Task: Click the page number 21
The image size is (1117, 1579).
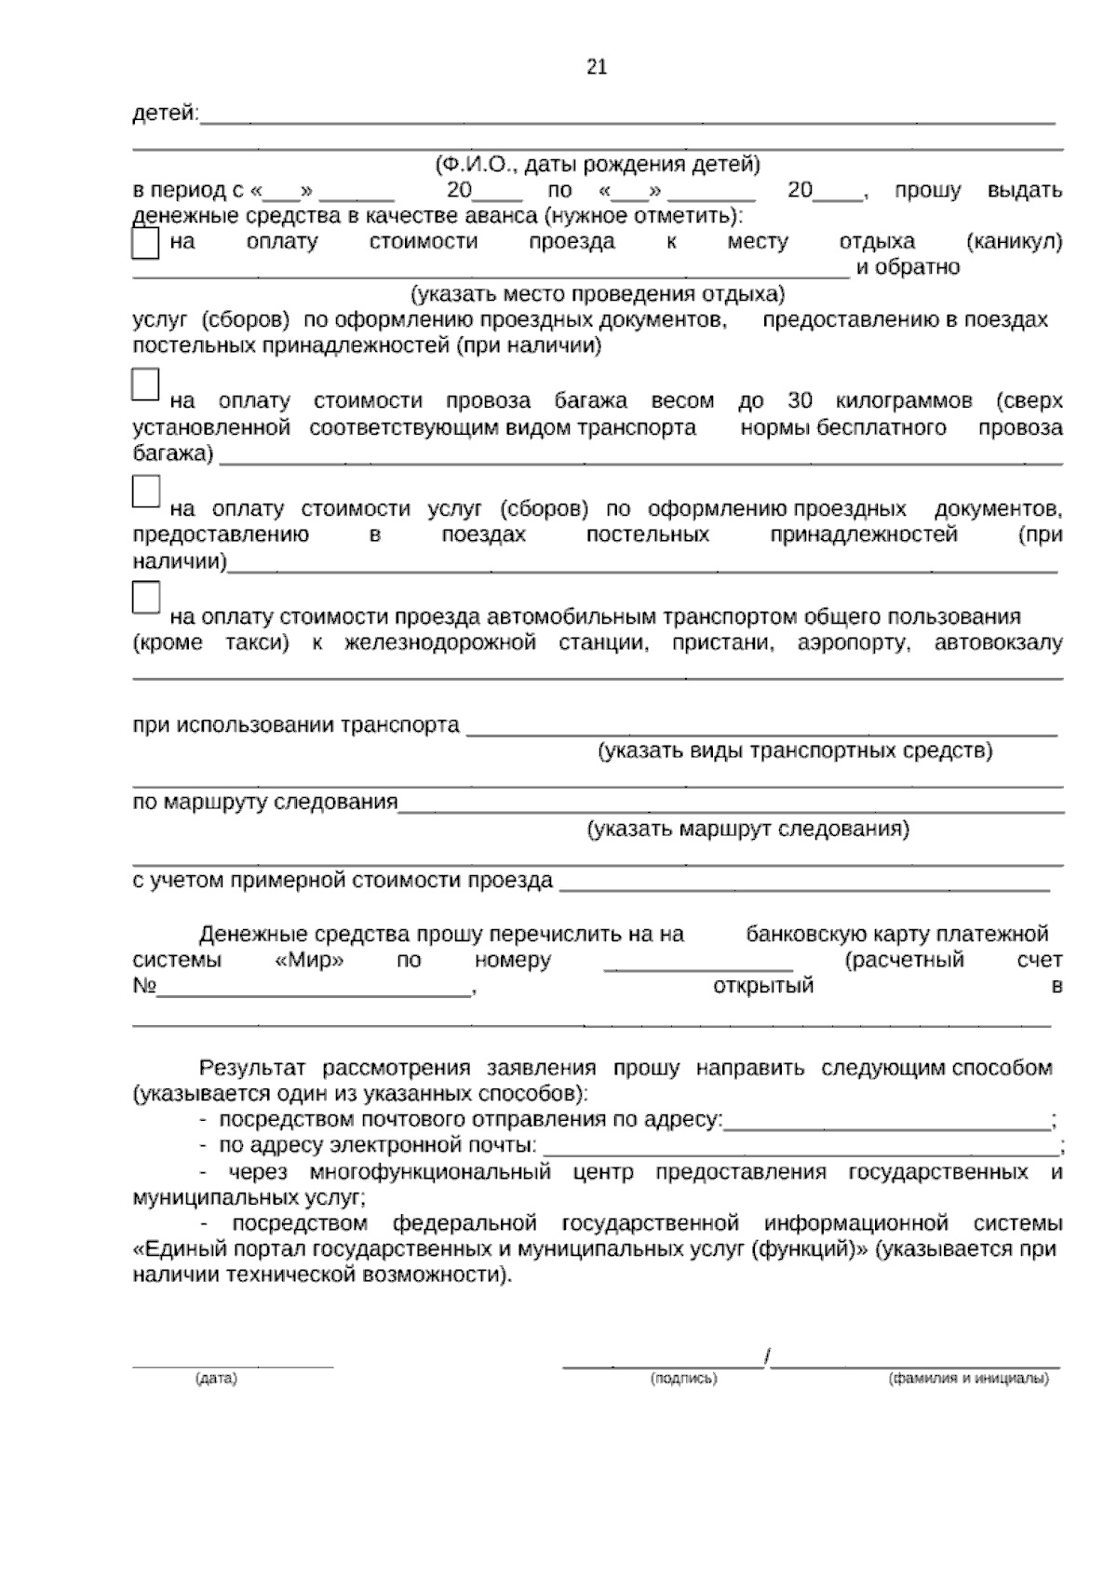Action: pyautogui.click(x=597, y=67)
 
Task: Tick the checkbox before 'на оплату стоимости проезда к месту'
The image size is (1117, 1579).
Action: pyautogui.click(x=146, y=244)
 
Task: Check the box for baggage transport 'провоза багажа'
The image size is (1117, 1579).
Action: pyautogui.click(x=146, y=385)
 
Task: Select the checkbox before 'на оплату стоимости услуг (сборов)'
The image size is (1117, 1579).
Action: pyautogui.click(x=146, y=492)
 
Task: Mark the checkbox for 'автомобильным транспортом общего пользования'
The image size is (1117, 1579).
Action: pyautogui.click(x=146, y=598)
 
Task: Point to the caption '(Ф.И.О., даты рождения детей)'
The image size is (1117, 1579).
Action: pyautogui.click(x=598, y=165)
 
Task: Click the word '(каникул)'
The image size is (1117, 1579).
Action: pyautogui.click(x=1015, y=242)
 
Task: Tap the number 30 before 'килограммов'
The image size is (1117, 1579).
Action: pyautogui.click(x=800, y=401)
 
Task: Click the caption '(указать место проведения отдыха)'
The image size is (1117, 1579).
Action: pyautogui.click(x=599, y=294)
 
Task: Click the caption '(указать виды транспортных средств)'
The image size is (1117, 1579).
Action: pyautogui.click(x=795, y=750)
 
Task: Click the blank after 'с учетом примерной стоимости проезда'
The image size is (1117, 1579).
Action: pyautogui.click(x=803, y=883)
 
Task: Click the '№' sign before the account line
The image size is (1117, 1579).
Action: pyautogui.click(x=144, y=986)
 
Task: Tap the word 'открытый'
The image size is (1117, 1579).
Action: pyautogui.click(x=762, y=986)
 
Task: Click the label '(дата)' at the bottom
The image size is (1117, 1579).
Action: pyautogui.click(x=216, y=1379)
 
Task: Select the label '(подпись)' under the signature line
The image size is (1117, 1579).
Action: pyautogui.click(x=683, y=1379)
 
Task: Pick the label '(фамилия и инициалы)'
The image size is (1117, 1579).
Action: pyautogui.click(x=969, y=1379)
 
